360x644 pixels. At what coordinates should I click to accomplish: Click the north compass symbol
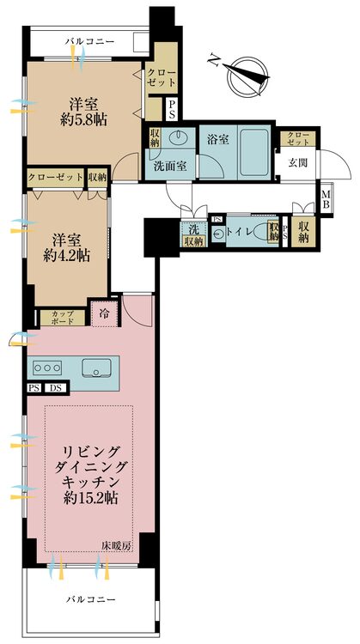pyautogui.click(x=242, y=76)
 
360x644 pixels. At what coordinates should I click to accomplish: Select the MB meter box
pyautogui.click(x=326, y=200)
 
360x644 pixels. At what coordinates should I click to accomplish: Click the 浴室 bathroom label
pyautogui.click(x=218, y=140)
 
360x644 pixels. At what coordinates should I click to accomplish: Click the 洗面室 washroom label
pyautogui.click(x=170, y=167)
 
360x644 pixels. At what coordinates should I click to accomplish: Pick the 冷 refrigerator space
pyautogui.click(x=105, y=313)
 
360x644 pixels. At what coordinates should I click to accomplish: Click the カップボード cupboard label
pyautogui.click(x=63, y=318)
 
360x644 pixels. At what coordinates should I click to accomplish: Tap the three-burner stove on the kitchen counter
pyautogui.click(x=47, y=368)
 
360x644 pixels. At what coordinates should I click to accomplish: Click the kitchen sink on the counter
pyautogui.click(x=96, y=368)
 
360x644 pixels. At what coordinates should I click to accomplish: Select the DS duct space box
pyautogui.click(x=55, y=388)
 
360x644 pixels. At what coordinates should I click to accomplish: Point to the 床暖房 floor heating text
pyautogui.click(x=116, y=546)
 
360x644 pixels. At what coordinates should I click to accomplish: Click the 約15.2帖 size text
pyautogui.click(x=90, y=498)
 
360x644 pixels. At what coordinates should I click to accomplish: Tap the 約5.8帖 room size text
pyautogui.click(x=83, y=120)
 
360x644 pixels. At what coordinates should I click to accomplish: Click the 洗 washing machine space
pyautogui.click(x=193, y=228)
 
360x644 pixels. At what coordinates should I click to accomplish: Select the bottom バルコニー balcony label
pyautogui.click(x=91, y=599)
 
